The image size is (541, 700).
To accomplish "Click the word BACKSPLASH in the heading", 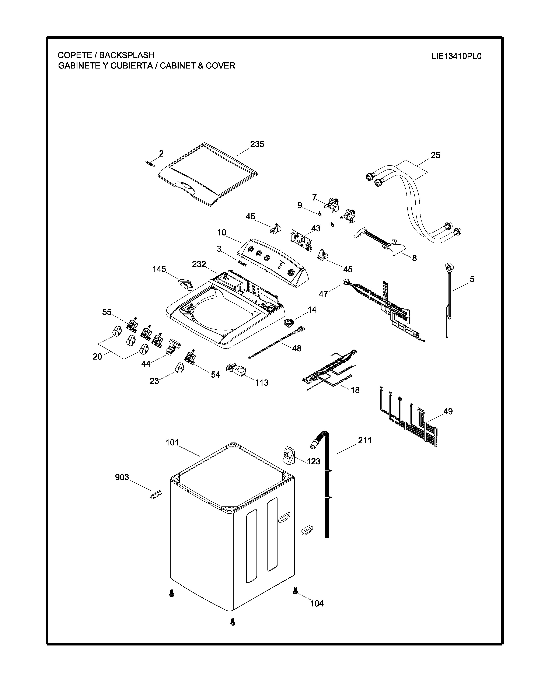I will (127, 55).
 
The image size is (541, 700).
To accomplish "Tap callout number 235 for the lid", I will (257, 144).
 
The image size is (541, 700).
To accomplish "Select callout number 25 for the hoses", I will (435, 155).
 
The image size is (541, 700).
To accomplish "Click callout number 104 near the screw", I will (317, 603).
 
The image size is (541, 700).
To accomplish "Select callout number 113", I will (262, 382).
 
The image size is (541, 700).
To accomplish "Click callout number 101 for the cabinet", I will (172, 443).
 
